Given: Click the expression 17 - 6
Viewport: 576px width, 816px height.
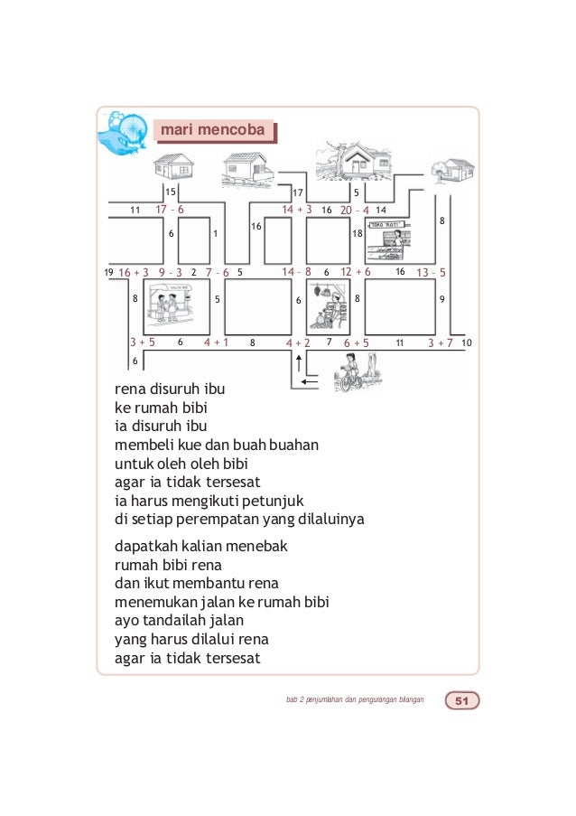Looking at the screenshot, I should tap(170, 210).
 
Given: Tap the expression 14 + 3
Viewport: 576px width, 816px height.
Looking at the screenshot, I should tap(296, 210).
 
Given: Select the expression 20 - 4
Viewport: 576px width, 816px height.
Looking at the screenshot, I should tap(355, 210).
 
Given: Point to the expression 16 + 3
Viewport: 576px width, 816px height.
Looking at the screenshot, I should tap(134, 271).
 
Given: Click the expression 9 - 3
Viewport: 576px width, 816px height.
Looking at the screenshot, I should tap(171, 271).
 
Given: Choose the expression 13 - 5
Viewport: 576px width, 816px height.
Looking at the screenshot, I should tap(432, 271).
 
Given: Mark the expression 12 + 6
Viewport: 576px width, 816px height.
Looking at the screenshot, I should tap(355, 271).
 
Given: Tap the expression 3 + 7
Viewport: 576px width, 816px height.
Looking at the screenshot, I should tap(440, 343).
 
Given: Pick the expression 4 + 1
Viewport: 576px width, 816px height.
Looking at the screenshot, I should tap(216, 343).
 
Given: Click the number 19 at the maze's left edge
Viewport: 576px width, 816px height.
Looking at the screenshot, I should tap(108, 271).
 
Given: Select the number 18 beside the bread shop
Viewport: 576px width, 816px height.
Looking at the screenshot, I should tap(357, 234).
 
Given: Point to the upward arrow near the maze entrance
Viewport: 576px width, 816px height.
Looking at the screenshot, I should tap(299, 363).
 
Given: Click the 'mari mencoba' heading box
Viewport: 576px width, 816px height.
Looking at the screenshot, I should tap(213, 132).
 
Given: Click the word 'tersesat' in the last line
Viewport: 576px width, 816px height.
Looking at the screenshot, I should tap(230, 658).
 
